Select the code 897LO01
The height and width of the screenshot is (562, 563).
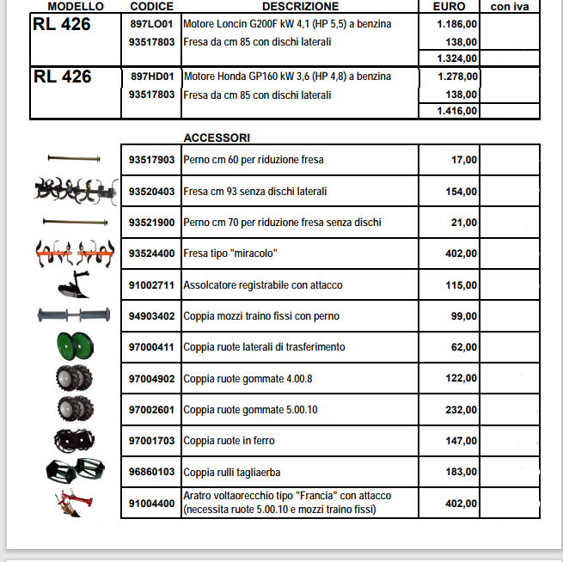tap(151, 24)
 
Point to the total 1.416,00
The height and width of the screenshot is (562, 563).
tap(456, 111)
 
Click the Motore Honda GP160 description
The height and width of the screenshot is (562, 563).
tap(286, 76)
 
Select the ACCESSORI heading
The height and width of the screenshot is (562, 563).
tap(217, 137)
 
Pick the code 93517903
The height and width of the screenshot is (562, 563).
tap(151, 160)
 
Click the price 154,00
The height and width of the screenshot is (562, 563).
tap(462, 192)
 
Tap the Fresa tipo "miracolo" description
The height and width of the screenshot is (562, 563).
tap(230, 254)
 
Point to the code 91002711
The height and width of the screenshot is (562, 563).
tap(151, 284)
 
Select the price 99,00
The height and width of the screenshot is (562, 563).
tap(464, 316)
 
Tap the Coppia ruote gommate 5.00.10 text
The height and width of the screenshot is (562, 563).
tap(250, 410)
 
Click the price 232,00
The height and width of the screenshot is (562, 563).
tap(462, 410)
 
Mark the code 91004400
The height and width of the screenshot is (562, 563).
tap(151, 504)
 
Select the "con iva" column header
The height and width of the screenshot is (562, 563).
tap(510, 6)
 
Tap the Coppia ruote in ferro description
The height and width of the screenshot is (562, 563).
tap(229, 441)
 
